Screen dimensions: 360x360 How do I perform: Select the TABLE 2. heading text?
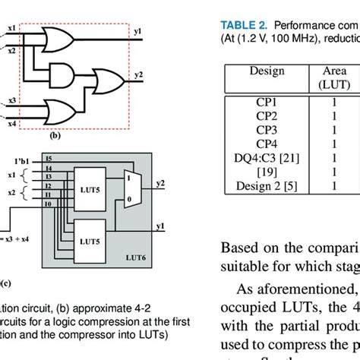(x=244, y=24)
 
